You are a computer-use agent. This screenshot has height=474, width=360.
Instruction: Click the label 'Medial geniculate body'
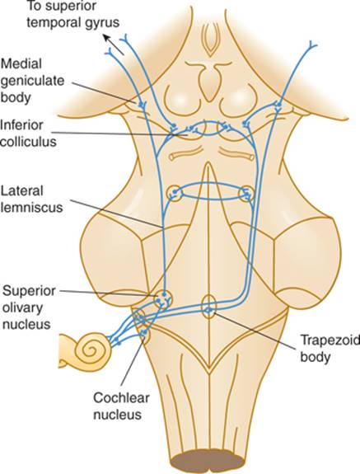click(x=32, y=81)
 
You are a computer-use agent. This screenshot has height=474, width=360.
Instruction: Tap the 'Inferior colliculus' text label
click(x=28, y=134)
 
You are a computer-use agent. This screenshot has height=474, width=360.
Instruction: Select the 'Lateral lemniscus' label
click(x=31, y=199)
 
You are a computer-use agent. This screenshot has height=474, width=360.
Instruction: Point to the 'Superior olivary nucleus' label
click(x=30, y=307)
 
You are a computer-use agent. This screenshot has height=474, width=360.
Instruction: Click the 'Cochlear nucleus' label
click(x=121, y=406)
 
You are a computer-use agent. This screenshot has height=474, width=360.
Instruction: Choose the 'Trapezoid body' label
click(x=330, y=349)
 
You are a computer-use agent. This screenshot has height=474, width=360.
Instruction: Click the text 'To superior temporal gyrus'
click(x=73, y=15)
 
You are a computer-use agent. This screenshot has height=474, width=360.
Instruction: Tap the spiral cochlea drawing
click(x=86, y=350)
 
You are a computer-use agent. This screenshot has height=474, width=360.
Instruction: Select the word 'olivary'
click(x=21, y=308)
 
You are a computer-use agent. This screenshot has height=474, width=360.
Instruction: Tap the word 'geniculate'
click(x=32, y=82)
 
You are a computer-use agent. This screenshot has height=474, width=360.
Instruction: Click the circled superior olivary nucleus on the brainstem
click(x=163, y=298)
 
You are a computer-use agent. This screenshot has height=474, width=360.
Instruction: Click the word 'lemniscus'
click(x=31, y=208)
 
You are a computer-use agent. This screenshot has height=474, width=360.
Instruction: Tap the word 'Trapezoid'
click(x=330, y=340)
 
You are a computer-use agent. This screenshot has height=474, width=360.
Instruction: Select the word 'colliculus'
click(x=28, y=142)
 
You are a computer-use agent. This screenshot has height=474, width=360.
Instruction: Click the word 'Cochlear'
click(x=121, y=398)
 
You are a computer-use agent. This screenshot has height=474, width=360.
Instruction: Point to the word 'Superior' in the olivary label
click(x=30, y=292)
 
